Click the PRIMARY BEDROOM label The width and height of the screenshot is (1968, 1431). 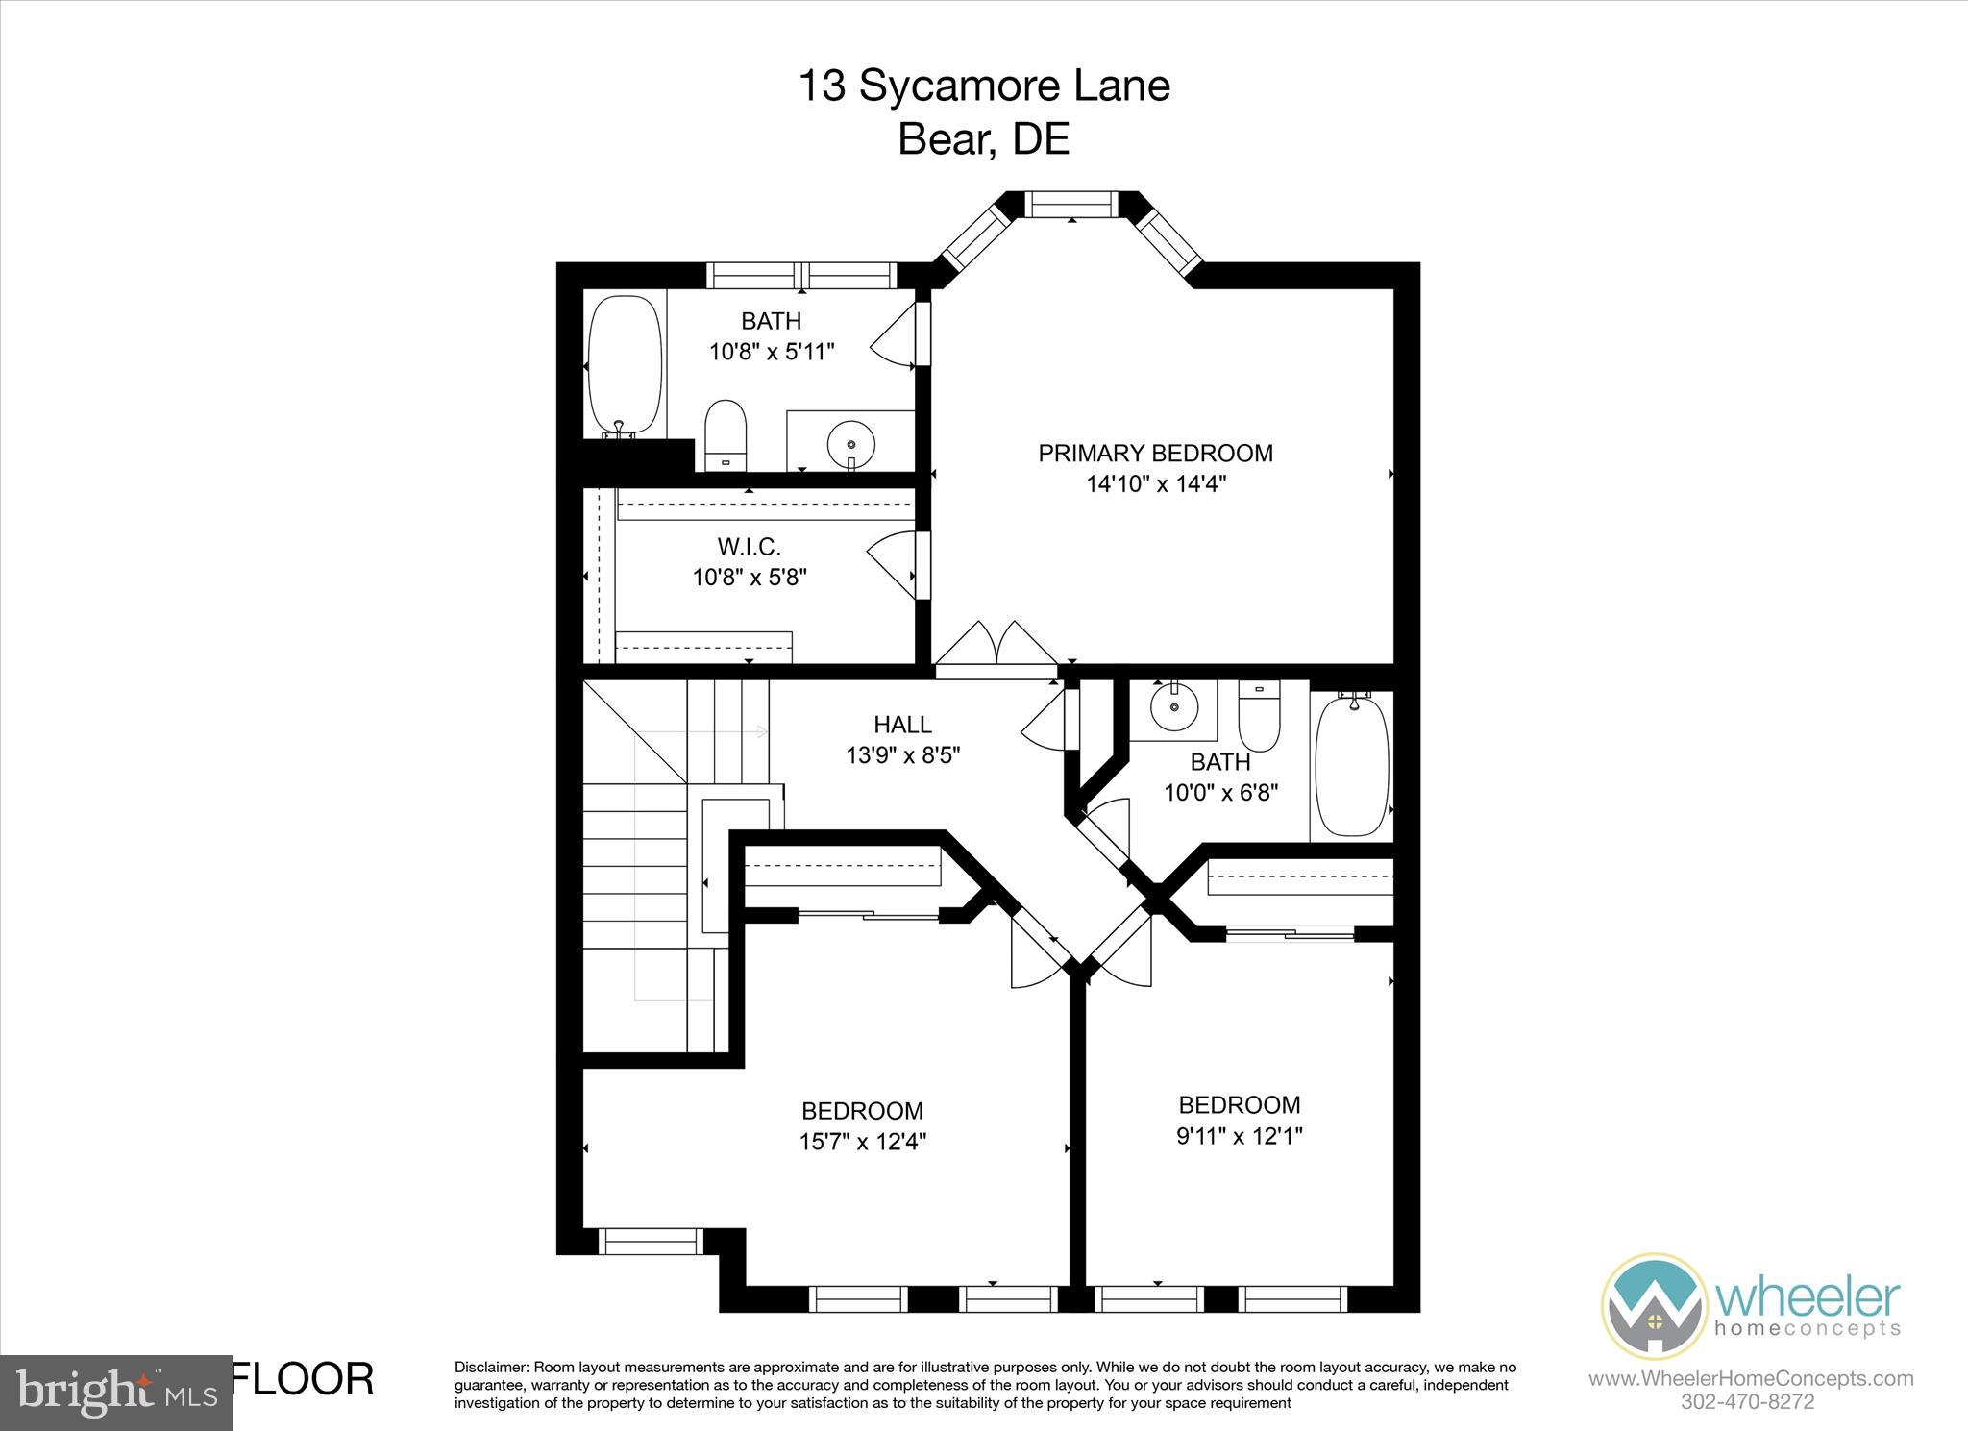coord(1155,453)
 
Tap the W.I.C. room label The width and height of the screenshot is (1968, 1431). coord(749,547)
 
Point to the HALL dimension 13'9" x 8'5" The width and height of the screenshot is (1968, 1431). coord(902,755)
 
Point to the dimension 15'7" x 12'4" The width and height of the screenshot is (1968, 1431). coord(862,1142)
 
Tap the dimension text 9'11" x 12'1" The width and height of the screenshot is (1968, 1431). coord(1240,1136)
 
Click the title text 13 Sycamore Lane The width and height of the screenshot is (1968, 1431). coord(984,86)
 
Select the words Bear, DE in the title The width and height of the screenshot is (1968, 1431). coord(983,139)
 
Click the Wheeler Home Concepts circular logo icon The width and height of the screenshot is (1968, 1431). coord(1654,1305)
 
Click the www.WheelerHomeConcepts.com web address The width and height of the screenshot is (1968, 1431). coord(1750,1379)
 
